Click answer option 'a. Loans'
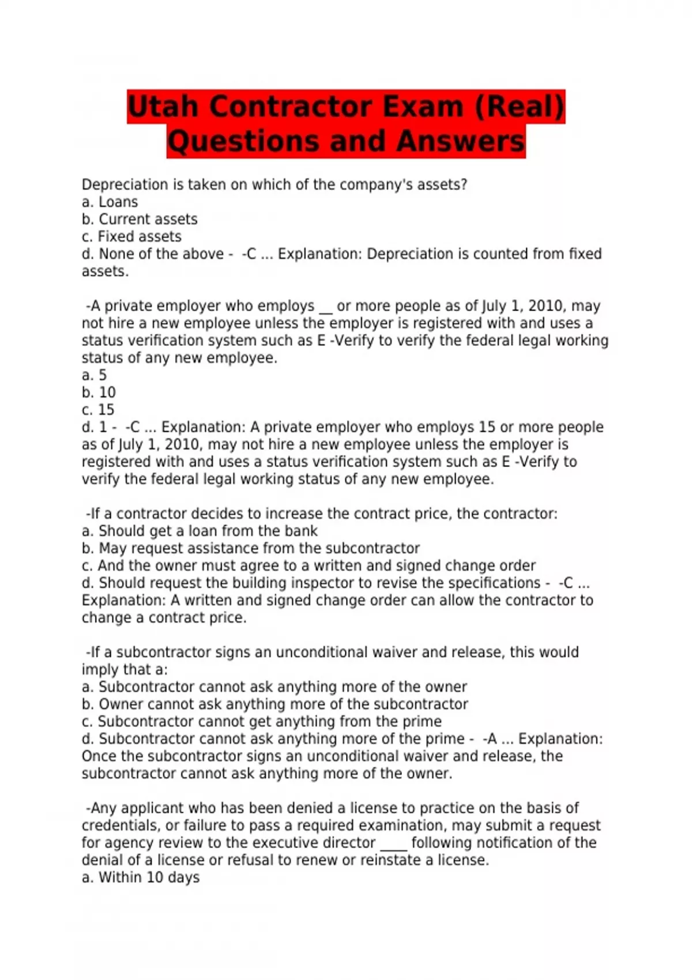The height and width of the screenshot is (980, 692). (110, 202)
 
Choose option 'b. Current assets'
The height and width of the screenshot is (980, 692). (140, 220)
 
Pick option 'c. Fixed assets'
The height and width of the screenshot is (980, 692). (131, 237)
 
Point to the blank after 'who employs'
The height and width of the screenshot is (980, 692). (326, 308)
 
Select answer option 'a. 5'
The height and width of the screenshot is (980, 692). (95, 375)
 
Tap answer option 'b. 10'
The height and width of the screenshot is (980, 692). (99, 393)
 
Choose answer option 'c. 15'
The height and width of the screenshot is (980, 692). (98, 410)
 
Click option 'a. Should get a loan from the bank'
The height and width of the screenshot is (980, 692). (200, 531)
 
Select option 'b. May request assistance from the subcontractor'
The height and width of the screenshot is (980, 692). (250, 548)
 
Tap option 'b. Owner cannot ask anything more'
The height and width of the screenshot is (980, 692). (274, 704)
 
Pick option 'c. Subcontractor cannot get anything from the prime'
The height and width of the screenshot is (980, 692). (261, 721)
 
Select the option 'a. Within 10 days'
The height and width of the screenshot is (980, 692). (141, 877)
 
